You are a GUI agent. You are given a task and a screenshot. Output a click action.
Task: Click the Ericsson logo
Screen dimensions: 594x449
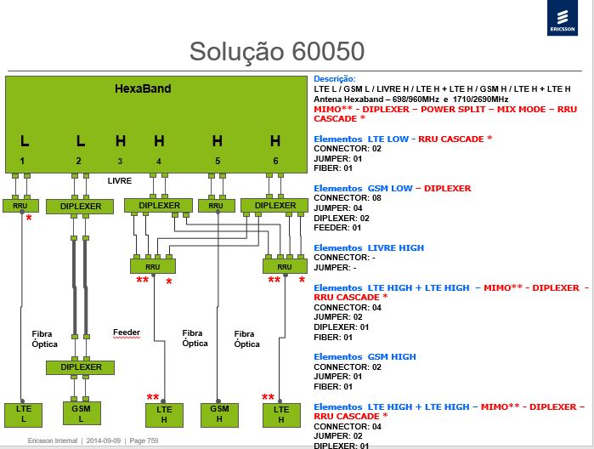click(563, 18)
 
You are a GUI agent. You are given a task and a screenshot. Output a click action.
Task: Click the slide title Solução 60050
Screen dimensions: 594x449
click(277, 51)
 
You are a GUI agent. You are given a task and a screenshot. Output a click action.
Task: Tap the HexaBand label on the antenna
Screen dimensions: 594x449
click(143, 88)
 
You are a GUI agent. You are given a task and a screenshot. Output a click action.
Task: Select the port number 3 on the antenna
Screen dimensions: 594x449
click(120, 162)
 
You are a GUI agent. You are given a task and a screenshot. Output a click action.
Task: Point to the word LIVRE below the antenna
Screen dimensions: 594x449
click(120, 181)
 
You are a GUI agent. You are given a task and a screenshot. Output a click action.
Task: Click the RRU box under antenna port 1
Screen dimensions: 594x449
click(20, 206)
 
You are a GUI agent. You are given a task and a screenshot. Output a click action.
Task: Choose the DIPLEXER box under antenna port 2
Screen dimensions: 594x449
click(80, 207)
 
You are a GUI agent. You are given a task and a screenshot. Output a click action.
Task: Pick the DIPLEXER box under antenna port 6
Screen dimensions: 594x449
click(274, 206)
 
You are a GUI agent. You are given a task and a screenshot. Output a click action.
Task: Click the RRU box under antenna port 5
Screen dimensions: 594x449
click(217, 206)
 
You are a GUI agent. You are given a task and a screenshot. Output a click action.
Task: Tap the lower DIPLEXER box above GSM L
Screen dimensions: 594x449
click(81, 367)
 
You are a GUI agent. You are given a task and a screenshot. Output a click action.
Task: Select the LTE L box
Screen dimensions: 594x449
click(23, 415)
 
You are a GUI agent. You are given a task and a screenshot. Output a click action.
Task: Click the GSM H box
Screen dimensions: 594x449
click(219, 414)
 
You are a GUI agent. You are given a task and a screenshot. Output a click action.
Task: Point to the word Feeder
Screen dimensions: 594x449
click(127, 332)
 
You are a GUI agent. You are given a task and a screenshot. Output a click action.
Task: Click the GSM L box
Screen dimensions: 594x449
click(81, 413)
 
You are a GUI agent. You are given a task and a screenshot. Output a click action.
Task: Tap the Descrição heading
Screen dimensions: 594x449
click(335, 79)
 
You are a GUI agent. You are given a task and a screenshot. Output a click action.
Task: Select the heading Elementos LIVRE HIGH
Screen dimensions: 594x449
click(369, 248)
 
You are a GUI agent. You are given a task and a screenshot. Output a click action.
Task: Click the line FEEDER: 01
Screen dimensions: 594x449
click(337, 228)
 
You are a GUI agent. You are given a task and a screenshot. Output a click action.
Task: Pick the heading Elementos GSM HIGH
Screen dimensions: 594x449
click(365, 357)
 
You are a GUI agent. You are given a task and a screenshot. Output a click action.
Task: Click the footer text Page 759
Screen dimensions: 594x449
click(144, 440)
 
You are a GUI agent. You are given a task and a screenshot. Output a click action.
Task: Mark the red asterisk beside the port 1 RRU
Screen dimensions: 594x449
click(29, 218)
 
